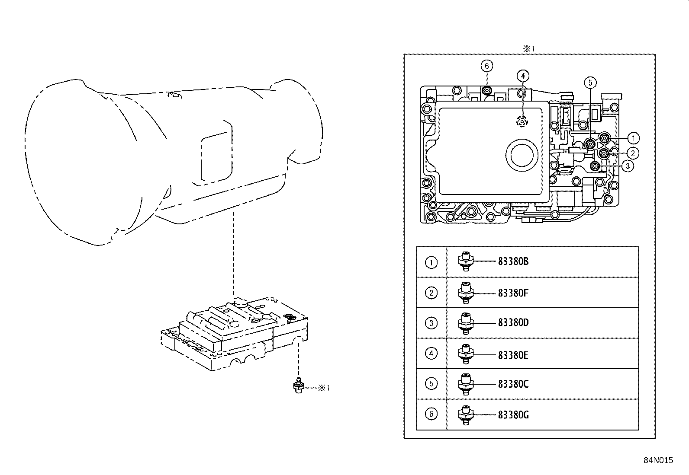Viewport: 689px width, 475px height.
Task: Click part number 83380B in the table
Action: point(513,261)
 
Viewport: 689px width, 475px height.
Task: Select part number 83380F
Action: point(513,293)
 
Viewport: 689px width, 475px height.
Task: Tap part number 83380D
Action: point(513,323)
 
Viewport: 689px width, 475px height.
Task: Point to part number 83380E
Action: point(513,355)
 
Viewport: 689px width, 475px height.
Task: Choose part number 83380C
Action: point(513,384)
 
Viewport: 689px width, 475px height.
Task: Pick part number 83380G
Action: point(513,415)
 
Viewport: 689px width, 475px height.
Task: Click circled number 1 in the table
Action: point(431,262)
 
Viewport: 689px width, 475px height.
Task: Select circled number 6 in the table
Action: point(431,414)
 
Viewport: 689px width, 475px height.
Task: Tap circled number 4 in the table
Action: point(431,354)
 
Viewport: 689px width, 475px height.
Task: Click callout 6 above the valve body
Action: point(486,66)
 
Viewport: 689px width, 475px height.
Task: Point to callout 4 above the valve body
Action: point(523,76)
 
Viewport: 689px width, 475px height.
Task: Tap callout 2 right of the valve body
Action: point(632,153)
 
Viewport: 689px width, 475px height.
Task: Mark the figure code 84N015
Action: point(658,460)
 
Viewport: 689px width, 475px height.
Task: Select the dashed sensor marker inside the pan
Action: point(523,122)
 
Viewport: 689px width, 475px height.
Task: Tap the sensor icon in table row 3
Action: point(465,323)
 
